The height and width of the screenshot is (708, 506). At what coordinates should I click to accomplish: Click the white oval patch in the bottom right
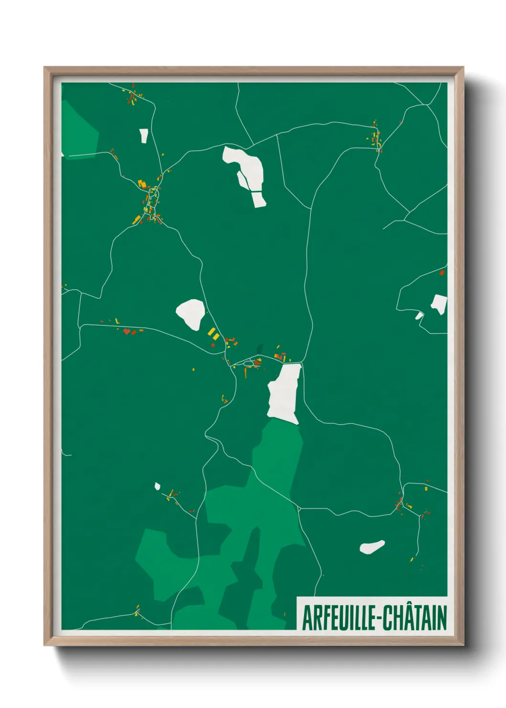point(372,547)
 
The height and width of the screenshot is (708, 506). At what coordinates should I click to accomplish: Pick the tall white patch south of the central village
point(286,393)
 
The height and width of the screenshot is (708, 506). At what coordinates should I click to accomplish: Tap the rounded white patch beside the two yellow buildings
point(191,314)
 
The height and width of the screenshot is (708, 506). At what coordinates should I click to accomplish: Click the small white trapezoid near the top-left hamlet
point(143,135)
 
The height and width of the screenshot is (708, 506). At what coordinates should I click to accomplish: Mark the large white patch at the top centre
point(245,172)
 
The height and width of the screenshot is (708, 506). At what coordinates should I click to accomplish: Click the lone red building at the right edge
point(442,273)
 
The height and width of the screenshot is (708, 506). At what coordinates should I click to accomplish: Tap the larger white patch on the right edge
point(439,304)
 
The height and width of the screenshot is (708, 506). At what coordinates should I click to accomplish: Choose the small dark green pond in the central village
point(260,349)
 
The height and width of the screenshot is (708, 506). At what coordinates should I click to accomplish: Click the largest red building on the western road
point(127,331)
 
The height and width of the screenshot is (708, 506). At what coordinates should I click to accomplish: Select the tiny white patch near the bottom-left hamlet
point(157,487)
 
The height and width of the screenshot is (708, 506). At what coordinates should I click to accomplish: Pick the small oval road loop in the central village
point(248,364)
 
